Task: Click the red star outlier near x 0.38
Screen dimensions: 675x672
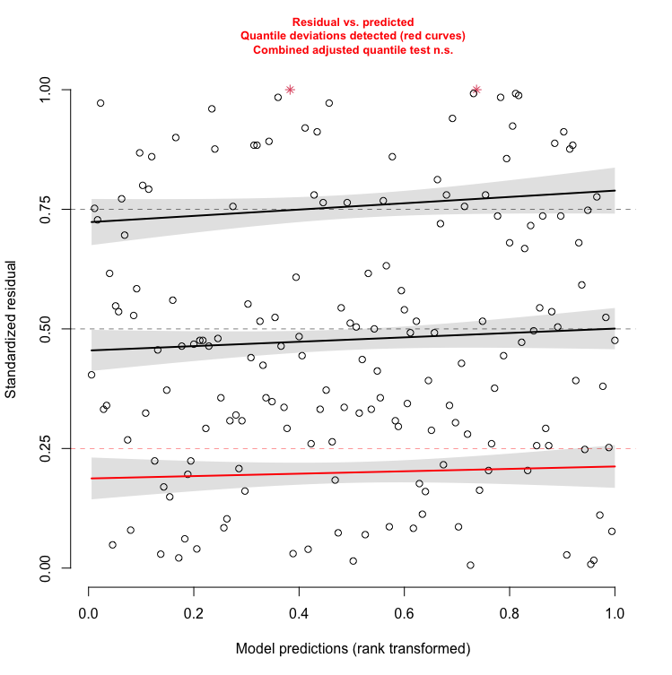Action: [x=290, y=90]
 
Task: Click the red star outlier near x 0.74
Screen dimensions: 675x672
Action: [x=476, y=90]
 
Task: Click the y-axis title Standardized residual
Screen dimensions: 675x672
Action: [x=11, y=329]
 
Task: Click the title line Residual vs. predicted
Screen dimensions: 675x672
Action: [x=353, y=21]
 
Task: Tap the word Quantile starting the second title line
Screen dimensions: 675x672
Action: [x=266, y=36]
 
